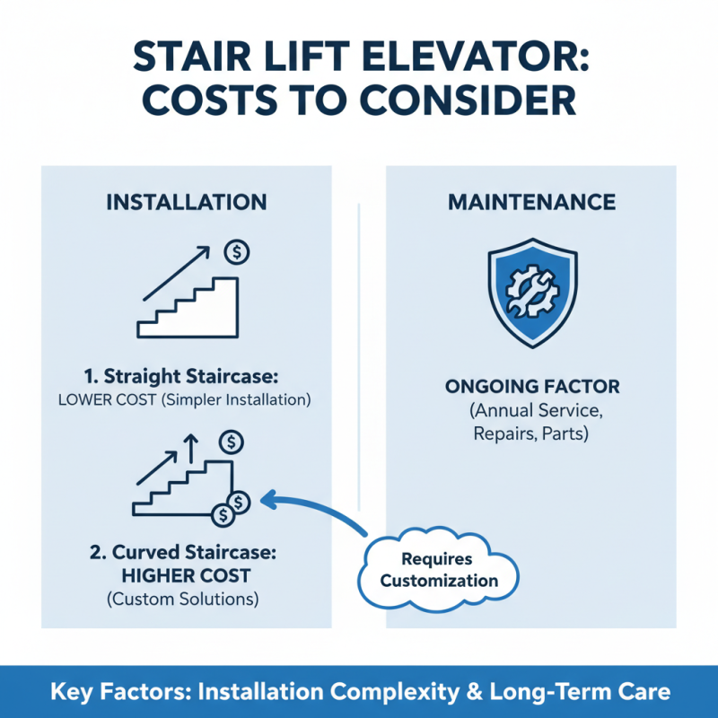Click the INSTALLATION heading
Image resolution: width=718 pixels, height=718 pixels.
tap(186, 202)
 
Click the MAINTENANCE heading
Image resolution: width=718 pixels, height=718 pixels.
tap(532, 202)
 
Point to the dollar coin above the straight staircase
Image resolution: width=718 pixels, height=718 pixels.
tap(238, 252)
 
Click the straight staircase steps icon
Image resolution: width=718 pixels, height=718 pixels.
tap(188, 306)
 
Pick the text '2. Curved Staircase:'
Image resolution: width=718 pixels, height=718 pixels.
tap(186, 550)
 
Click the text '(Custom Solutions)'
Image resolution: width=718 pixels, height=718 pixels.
tap(186, 598)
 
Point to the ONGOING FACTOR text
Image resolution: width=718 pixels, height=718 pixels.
tap(532, 388)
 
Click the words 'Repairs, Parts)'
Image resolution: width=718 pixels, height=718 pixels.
tap(532, 434)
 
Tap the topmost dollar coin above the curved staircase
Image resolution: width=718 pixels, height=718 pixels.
tap(232, 441)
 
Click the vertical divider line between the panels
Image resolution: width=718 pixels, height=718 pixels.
tap(359, 359)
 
